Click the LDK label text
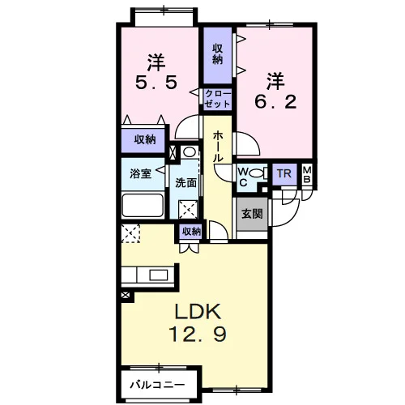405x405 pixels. point(198,312)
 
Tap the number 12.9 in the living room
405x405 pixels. point(198,334)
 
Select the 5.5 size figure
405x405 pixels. point(156,83)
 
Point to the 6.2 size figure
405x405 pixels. point(275,102)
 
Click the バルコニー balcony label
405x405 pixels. point(158,385)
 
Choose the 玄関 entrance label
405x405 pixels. point(252,214)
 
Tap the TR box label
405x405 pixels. point(284,173)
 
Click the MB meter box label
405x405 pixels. point(307,174)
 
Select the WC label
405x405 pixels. point(243,177)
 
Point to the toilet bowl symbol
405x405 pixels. point(258,173)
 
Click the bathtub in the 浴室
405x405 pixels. point(143,206)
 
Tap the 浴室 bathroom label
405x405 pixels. point(140,174)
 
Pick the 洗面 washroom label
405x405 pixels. point(185,183)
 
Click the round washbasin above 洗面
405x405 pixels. point(189,152)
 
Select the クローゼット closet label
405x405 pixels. point(217,99)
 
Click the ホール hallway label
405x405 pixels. point(218,147)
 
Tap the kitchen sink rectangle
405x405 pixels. point(159,275)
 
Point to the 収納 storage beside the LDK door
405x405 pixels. point(191,232)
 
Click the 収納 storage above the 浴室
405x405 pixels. point(145,139)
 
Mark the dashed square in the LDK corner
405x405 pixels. point(130,233)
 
